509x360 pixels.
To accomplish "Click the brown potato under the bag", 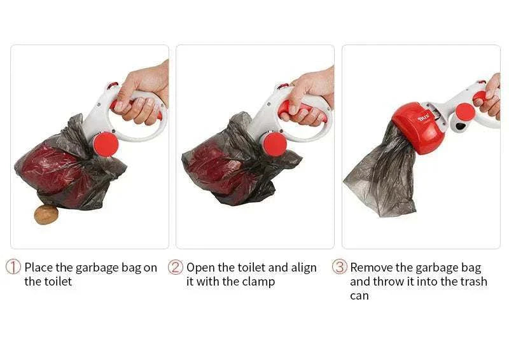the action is pos(46,214).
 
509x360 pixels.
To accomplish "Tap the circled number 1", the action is pos(13,267).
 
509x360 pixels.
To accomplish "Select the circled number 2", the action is pos(176,267).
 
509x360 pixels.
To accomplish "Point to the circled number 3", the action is pos(339,267).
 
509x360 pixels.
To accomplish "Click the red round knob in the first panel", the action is pos(106,145).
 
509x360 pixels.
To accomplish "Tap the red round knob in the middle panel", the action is pos(274,144).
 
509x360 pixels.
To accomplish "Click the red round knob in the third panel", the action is pos(465,112).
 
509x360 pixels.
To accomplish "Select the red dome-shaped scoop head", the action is pos(418,127).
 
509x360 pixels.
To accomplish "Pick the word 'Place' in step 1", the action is pos(39,268).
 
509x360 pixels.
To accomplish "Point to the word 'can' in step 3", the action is pos(359,296).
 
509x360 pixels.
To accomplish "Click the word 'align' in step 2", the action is pos(304,268).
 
